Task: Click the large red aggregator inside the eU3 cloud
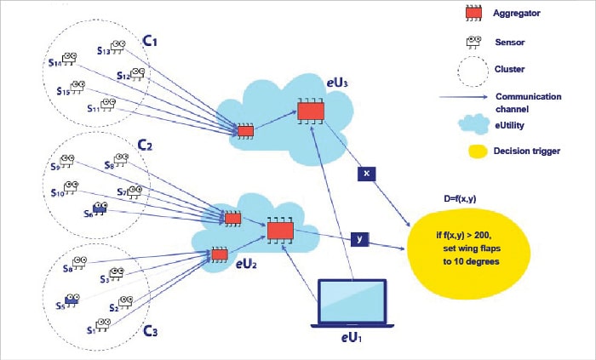tap(310, 111)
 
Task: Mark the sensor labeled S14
tap(70, 59)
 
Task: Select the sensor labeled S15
tap(77, 86)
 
